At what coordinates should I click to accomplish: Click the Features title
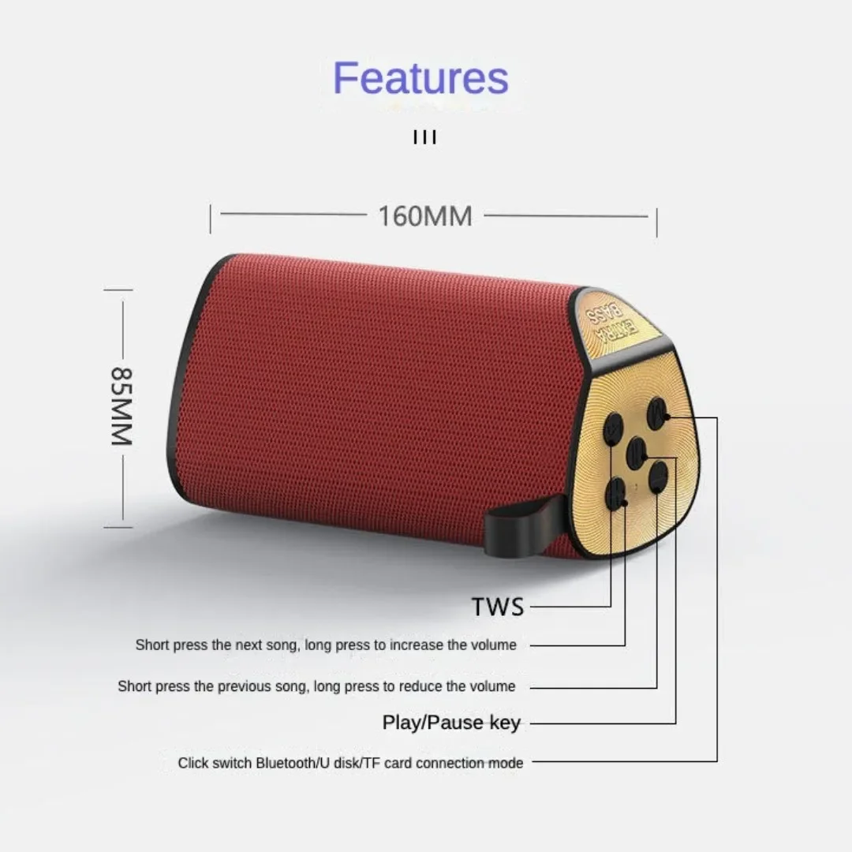pyautogui.click(x=420, y=77)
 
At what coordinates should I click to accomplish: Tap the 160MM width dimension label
pyautogui.click(x=425, y=215)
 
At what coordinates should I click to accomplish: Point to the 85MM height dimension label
pyautogui.click(x=121, y=405)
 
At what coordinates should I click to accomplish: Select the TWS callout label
pyautogui.click(x=498, y=607)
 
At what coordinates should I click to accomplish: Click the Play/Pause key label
pyautogui.click(x=451, y=722)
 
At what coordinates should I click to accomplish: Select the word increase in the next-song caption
pyautogui.click(x=417, y=645)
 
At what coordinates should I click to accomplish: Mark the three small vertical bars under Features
pyautogui.click(x=425, y=138)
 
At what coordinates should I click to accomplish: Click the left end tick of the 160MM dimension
pyautogui.click(x=211, y=219)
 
